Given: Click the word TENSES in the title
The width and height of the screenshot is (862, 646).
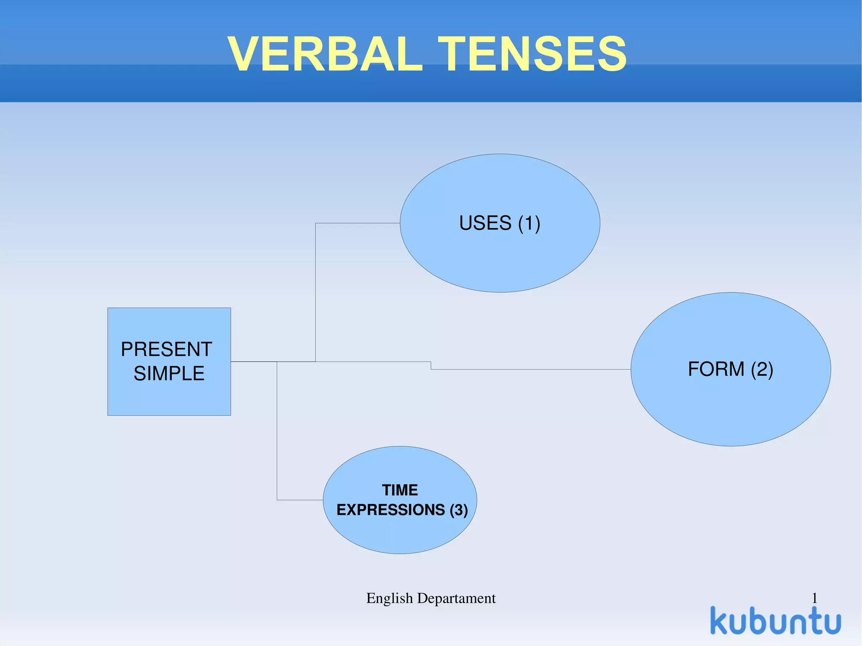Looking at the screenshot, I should point(532,54).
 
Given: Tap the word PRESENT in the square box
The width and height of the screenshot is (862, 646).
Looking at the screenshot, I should point(166,349).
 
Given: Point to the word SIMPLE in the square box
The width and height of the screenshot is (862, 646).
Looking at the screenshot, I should point(169,373).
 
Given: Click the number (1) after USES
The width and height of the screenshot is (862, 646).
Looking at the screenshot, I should point(529,223).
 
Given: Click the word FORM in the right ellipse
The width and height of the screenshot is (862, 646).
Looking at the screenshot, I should point(716,369).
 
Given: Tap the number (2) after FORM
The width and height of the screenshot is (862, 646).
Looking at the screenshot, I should point(762,369).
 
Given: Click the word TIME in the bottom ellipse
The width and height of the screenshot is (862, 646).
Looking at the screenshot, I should point(400,490).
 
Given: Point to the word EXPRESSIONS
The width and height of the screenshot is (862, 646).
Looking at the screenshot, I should point(391,510).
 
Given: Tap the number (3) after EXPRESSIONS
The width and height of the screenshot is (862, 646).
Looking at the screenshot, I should point(459,510).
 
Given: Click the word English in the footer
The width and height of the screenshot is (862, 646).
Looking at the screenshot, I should point(389,598).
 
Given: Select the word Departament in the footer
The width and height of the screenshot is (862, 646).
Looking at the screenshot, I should point(456,598).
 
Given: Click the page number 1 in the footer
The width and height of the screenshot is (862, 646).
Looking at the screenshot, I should point(814,598).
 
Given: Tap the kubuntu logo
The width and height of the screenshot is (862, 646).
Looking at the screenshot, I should point(775,621).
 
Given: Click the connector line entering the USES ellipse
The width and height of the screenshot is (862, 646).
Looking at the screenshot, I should point(358,223).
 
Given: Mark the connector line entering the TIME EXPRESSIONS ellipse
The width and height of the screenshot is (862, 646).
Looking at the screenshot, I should point(300,500).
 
